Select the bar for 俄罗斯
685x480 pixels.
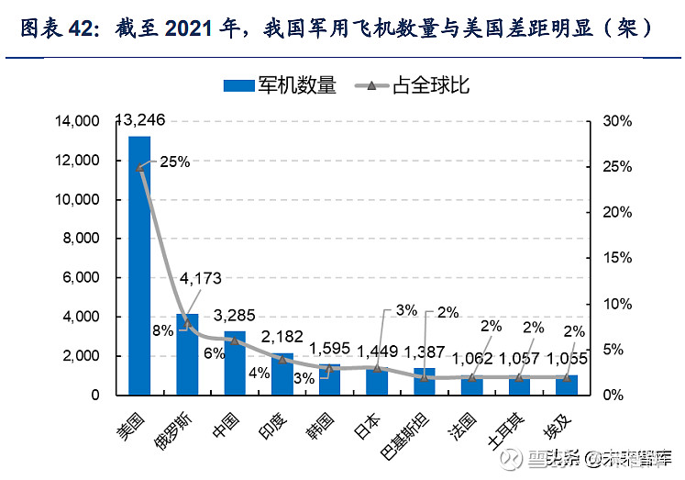(187, 354)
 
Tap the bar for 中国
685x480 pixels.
(235, 363)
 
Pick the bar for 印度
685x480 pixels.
(282, 374)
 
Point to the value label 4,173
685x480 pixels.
(200, 277)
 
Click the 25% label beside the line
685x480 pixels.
(174, 162)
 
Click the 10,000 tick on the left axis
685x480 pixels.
(80, 199)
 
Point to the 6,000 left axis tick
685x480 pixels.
(83, 278)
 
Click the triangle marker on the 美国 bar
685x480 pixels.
(139, 168)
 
